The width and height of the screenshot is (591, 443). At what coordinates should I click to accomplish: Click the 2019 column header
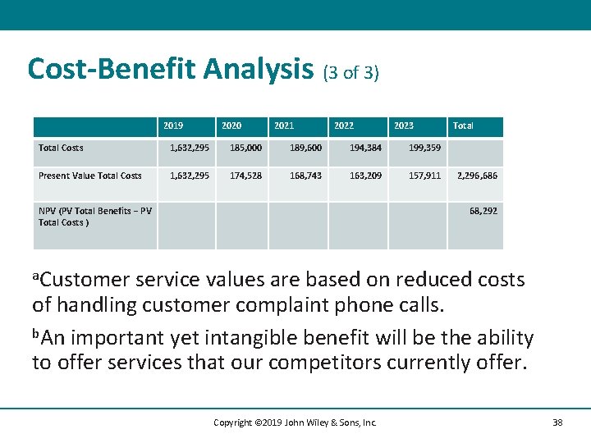click(173, 126)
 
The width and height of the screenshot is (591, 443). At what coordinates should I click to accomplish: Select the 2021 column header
click(284, 126)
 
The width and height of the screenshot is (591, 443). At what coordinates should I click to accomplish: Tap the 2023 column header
click(404, 126)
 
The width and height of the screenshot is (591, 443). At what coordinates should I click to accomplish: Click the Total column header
click(463, 126)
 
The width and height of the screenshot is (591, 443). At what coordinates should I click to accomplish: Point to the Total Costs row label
click(61, 148)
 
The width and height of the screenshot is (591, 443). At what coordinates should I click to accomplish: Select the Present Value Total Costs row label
click(89, 176)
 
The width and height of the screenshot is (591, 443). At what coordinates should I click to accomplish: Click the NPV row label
click(94, 217)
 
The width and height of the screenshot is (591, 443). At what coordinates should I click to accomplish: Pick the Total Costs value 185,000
click(245, 148)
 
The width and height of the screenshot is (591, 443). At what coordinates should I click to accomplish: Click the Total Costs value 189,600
click(305, 148)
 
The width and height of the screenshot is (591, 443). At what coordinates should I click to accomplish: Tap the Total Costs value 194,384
click(365, 148)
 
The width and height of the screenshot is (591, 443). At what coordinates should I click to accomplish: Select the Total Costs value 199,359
click(424, 148)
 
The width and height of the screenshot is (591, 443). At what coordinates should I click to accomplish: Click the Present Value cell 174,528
click(245, 176)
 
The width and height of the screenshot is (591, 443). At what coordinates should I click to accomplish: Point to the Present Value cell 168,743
click(305, 176)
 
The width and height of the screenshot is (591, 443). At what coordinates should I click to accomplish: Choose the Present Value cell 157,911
click(424, 176)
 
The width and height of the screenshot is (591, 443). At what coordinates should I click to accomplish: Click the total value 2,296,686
click(477, 176)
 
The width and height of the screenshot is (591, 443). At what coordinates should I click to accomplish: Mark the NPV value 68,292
click(483, 211)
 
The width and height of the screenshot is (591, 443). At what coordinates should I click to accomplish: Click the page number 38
click(557, 422)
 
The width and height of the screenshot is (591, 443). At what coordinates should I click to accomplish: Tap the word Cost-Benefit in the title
click(109, 69)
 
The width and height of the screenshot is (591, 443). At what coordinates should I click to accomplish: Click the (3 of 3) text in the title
click(350, 73)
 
